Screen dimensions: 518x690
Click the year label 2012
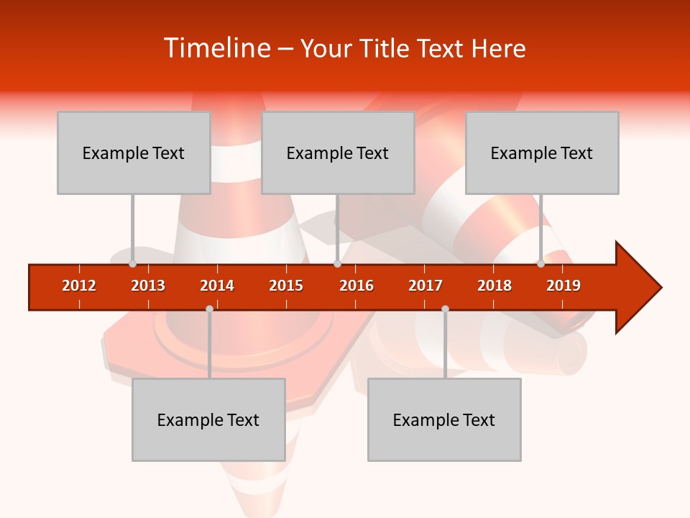pos(79,286)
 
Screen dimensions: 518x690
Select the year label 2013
pos(148,286)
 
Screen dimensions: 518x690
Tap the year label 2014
pos(217,286)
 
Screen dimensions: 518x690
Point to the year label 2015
pos(286,286)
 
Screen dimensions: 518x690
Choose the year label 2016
pos(356,286)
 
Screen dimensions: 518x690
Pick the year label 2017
pos(425,286)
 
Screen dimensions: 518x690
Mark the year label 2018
pos(494,286)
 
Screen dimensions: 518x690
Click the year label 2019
pos(563,286)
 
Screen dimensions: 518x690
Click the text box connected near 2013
pos(134,153)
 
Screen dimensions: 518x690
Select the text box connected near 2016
pos(338,153)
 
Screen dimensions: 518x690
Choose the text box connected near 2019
pos(542,153)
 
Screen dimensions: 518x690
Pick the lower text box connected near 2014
pos(208,419)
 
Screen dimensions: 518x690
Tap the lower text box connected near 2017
pos(444,419)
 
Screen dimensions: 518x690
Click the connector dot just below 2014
pos(209,309)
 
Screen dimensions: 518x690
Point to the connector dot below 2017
pos(445,309)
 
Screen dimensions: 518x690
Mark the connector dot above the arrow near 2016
pos(337,264)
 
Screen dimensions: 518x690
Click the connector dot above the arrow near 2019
pos(540,264)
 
